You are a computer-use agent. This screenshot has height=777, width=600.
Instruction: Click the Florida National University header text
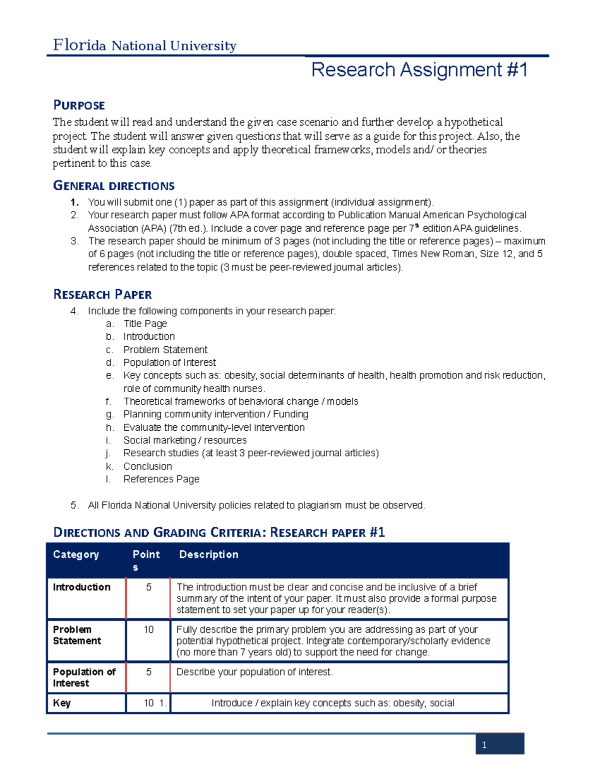[144, 46]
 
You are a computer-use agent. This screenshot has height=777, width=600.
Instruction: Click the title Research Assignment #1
[419, 70]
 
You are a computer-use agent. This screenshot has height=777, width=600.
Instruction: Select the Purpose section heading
[79, 105]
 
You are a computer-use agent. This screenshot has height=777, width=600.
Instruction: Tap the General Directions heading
[114, 186]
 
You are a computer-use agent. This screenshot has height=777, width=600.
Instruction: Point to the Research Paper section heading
[102, 294]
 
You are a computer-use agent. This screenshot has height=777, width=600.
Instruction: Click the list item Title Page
[145, 324]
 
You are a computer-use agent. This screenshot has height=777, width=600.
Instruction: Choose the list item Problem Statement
[165, 350]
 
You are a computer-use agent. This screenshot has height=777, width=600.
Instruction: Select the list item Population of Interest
[169, 362]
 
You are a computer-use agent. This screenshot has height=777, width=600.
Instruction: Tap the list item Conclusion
[147, 466]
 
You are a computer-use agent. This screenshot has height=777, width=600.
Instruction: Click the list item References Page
[161, 479]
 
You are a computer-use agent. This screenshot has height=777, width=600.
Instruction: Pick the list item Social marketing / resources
[185, 440]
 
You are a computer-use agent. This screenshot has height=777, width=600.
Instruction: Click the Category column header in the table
[76, 554]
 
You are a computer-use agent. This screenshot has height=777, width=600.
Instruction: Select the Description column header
[208, 554]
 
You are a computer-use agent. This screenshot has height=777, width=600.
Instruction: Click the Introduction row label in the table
[81, 587]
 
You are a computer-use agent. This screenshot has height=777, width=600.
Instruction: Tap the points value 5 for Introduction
[148, 587]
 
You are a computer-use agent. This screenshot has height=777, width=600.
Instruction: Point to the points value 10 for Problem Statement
[148, 629]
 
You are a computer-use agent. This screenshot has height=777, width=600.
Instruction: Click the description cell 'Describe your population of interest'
[254, 672]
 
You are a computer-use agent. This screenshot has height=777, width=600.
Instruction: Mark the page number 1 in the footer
[484, 745]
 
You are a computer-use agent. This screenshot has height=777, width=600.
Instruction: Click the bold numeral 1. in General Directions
[74, 202]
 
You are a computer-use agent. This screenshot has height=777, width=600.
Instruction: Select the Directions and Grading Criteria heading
[219, 532]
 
